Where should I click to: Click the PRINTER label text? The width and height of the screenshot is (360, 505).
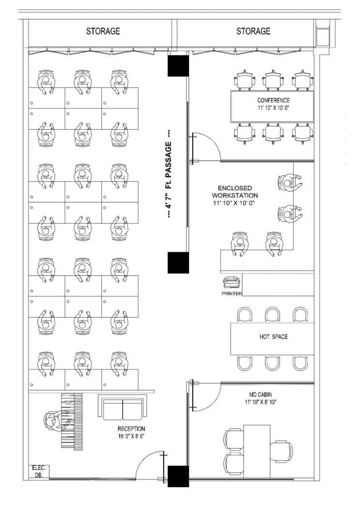231,293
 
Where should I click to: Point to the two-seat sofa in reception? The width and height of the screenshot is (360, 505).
122,408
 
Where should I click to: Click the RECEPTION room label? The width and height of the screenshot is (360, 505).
131,433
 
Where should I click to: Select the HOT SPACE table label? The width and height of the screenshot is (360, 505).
273,337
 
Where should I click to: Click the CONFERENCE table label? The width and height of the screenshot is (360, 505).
273,104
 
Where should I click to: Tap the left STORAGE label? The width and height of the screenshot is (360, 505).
103,31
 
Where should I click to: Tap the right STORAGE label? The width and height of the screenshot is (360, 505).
253,31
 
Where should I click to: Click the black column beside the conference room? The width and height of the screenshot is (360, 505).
177,65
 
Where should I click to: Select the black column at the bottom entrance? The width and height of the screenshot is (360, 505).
177,477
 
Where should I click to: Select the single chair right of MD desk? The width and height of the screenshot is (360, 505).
281,451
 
